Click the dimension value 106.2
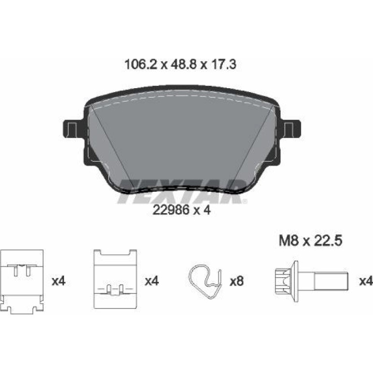[141, 64]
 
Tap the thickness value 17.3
[223, 64]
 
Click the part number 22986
[171, 210]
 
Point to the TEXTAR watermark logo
[182, 191]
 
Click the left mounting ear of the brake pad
[73, 129]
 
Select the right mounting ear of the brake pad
[291, 129]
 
